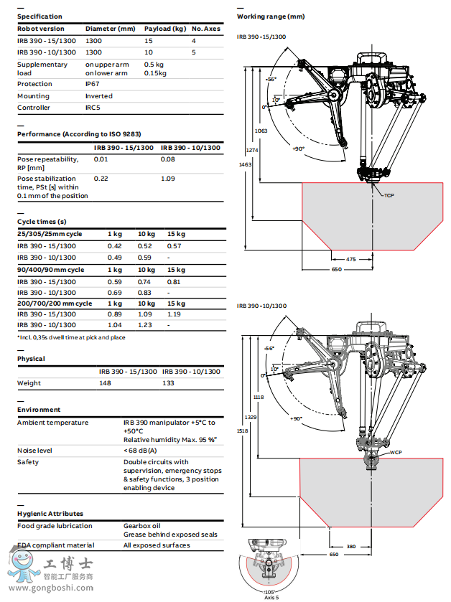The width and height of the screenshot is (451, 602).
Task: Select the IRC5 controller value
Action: [93, 108]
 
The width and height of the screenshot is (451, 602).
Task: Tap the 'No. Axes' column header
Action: [206, 29]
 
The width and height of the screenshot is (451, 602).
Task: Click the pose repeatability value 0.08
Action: [167, 159]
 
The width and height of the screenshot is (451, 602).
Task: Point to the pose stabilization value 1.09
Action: [167, 179]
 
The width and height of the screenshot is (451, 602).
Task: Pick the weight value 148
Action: [106, 383]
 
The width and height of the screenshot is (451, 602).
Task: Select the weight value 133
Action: [169, 383]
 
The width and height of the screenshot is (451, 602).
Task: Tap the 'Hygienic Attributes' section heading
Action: [50, 514]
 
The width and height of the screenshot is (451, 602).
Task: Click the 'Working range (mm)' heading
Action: [271, 16]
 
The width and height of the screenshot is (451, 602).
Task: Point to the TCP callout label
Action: [389, 195]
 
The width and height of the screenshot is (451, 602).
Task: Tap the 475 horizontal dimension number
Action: [350, 258]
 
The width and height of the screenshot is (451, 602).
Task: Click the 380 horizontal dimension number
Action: [350, 546]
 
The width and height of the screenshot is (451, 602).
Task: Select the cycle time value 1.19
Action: [174, 314]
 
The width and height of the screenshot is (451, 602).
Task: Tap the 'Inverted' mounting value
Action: [99, 96]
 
